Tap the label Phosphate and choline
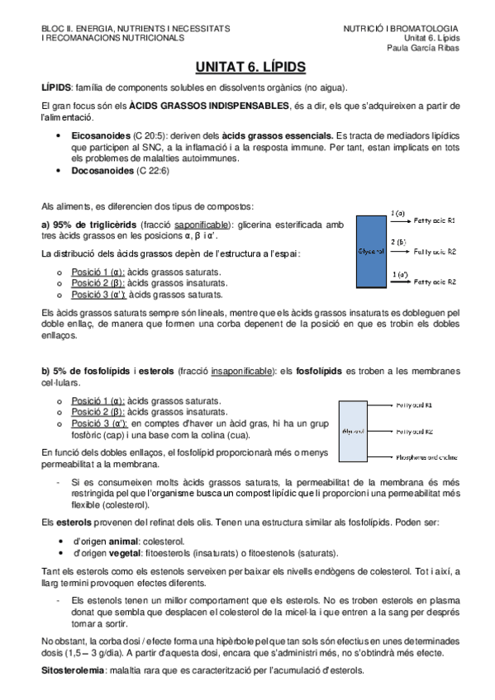[430, 456]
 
